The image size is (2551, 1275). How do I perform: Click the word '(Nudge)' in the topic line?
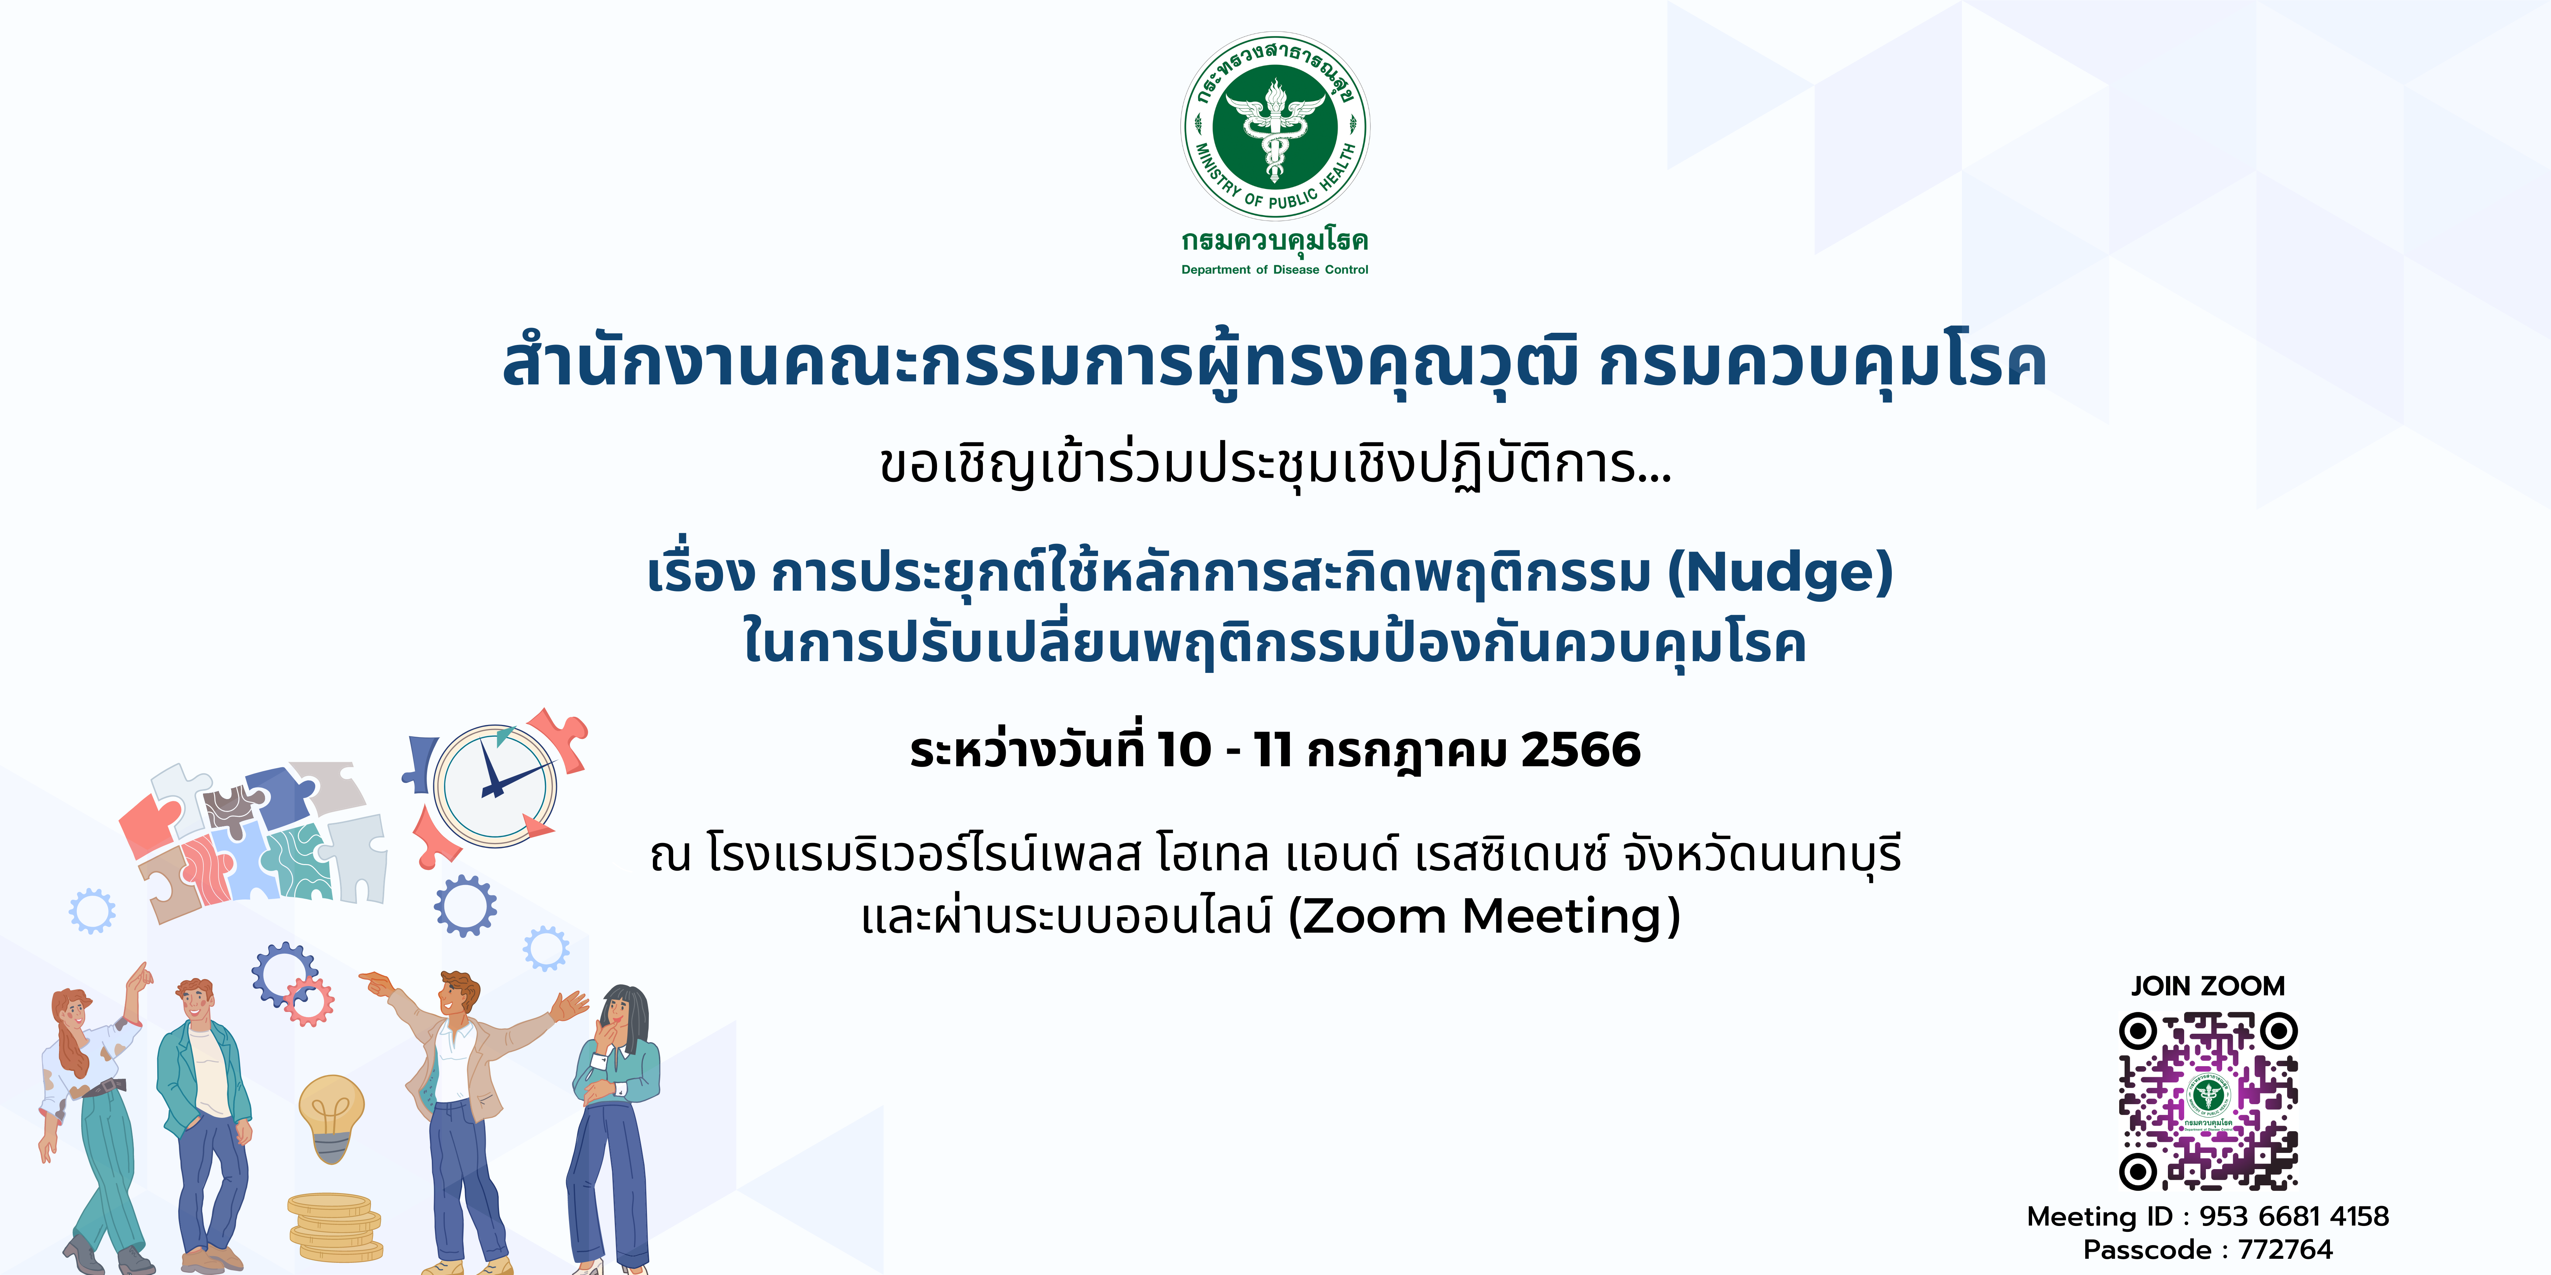(1780, 572)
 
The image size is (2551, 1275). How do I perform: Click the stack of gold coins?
(335, 1227)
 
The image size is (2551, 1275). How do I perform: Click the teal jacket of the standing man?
(203, 1079)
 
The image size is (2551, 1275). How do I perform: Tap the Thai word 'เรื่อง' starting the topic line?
(701, 572)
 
